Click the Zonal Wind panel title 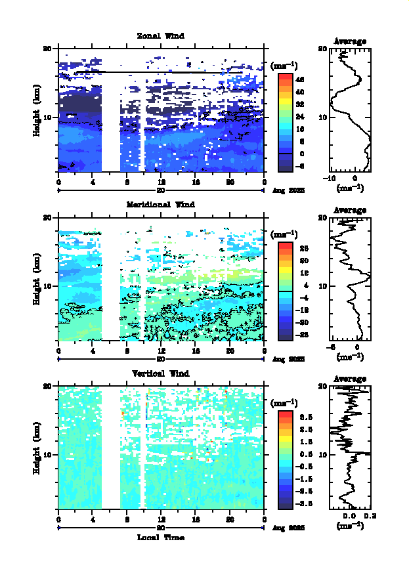[x=160, y=35]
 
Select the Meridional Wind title [x=160, y=204]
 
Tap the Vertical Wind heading [x=160, y=373]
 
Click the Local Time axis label [x=160, y=538]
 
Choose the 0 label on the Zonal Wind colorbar [x=299, y=153]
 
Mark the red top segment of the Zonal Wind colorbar [x=285, y=77]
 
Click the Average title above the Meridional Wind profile [x=350, y=210]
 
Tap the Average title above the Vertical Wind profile [x=350, y=379]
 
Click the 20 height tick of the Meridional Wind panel [x=47, y=217]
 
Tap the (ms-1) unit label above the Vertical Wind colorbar [x=284, y=402]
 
